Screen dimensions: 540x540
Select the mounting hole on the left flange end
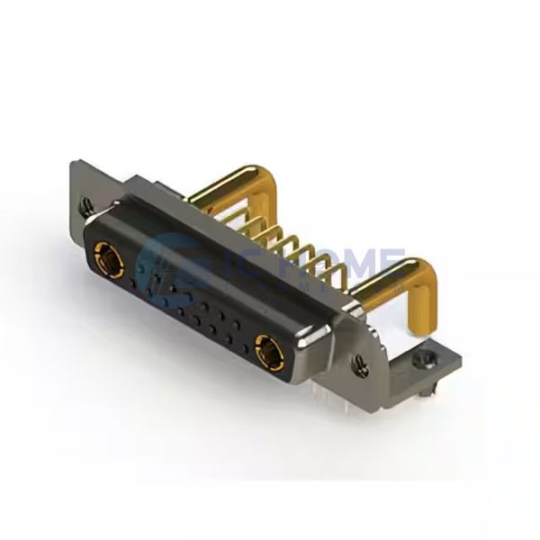tap(86, 206)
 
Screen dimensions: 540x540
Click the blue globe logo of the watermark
tap(171, 265)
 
